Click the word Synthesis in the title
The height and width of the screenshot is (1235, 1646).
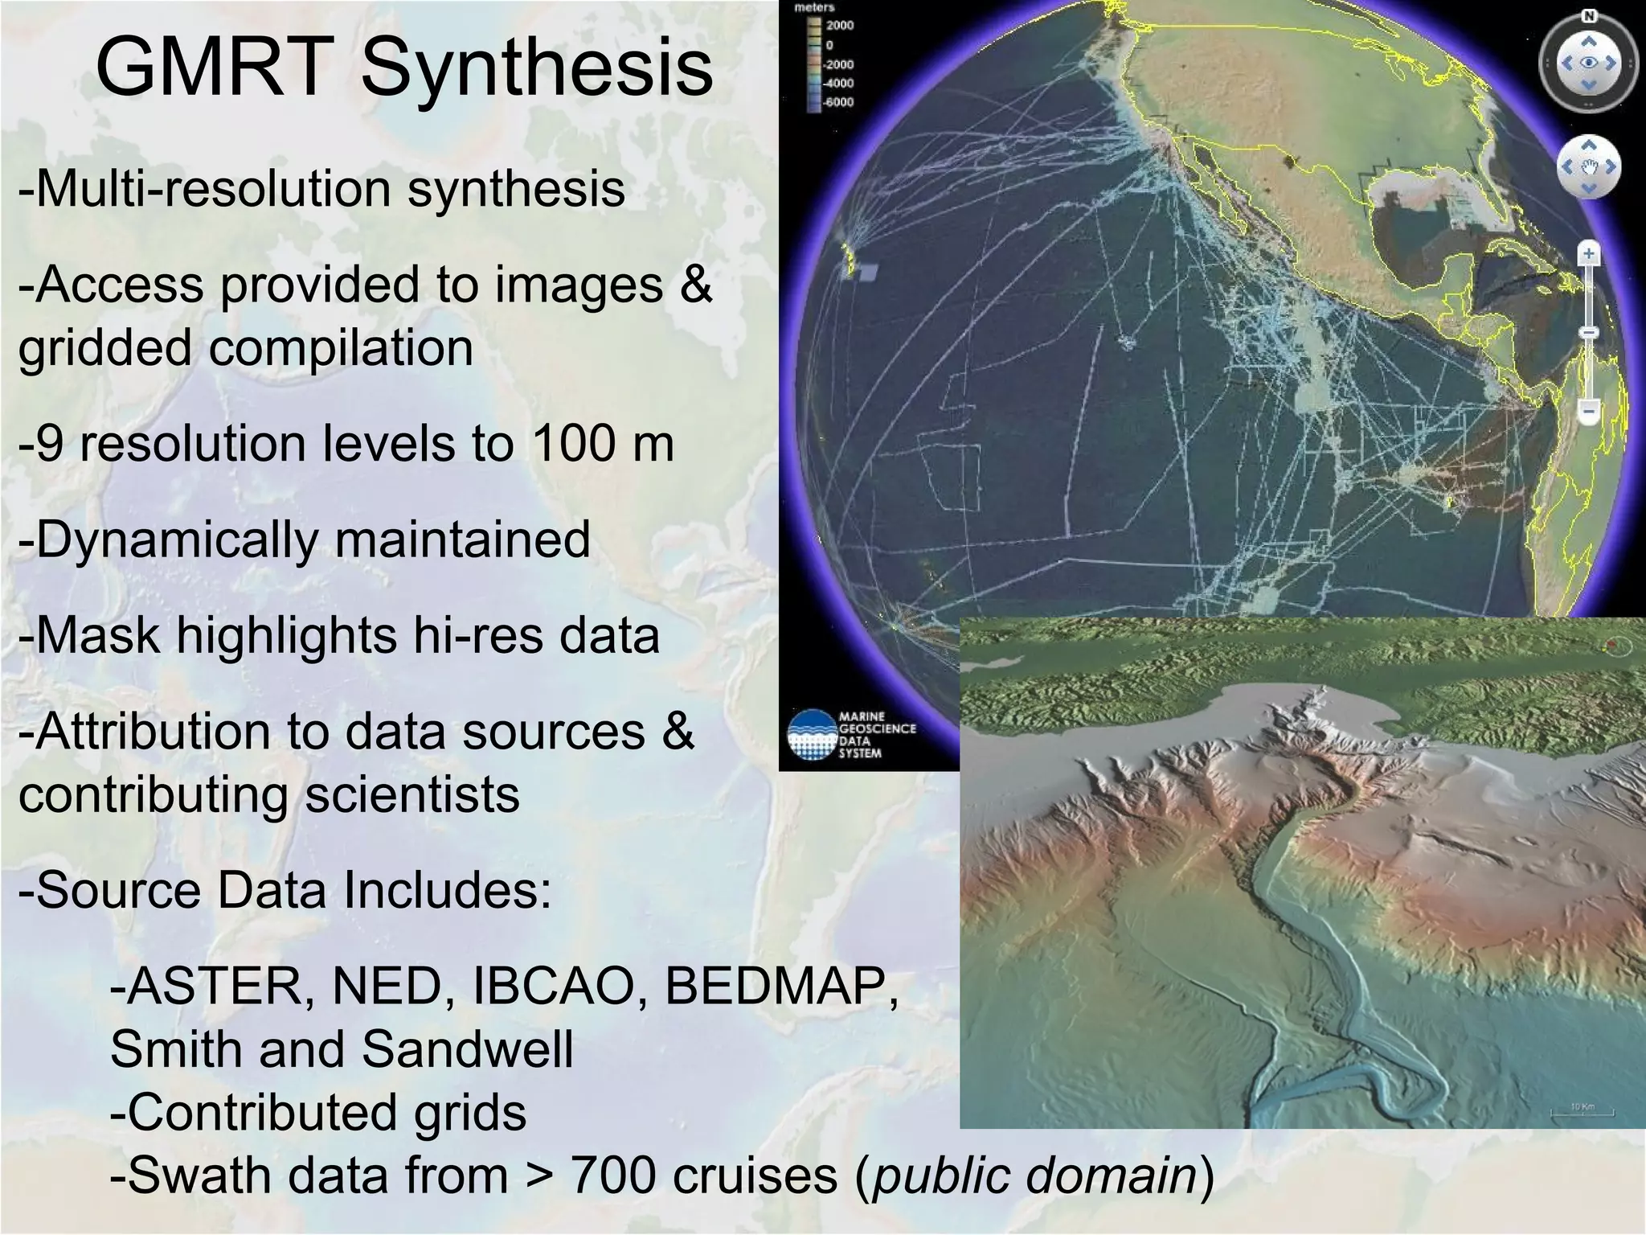(537, 68)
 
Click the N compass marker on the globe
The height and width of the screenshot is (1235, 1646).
(1589, 16)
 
